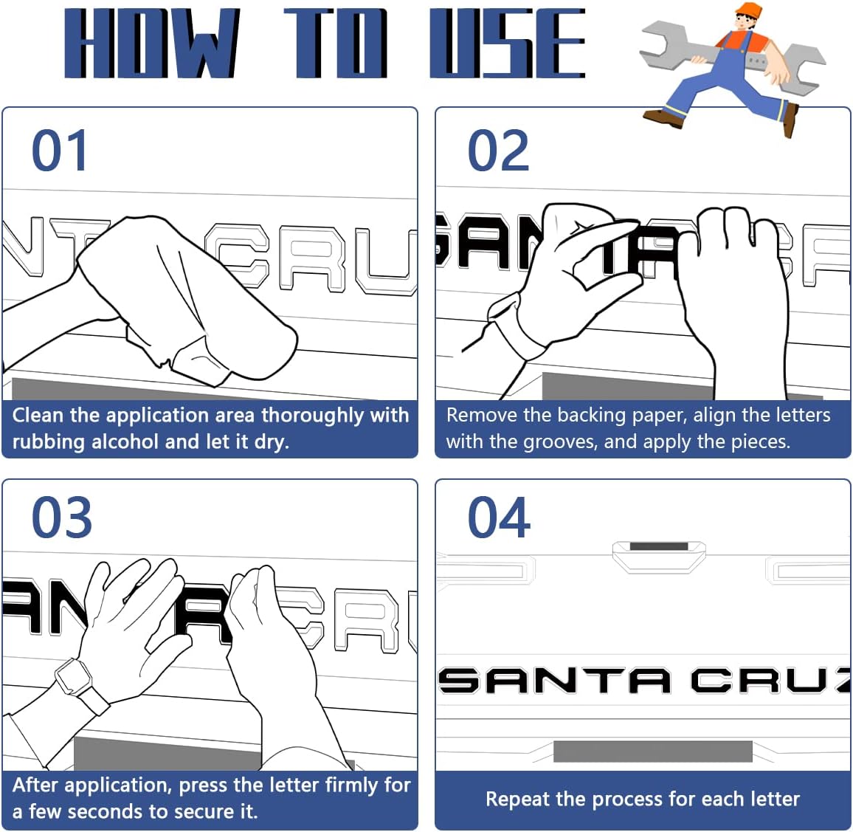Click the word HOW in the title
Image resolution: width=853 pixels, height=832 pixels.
[151, 43]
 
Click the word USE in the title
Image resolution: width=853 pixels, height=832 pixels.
[508, 43]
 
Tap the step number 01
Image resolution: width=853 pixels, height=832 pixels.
[59, 150]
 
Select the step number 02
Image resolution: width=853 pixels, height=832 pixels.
[498, 150]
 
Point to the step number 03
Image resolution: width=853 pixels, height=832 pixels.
[61, 518]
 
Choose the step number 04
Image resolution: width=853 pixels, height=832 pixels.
[499, 518]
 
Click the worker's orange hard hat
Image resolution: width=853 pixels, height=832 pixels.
[748, 10]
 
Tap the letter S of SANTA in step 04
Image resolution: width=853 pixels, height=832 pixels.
[460, 680]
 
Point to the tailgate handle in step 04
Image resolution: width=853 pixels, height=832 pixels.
[659, 556]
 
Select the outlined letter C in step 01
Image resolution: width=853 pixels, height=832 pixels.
[237, 255]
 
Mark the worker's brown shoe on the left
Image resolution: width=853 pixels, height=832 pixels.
[663, 117]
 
